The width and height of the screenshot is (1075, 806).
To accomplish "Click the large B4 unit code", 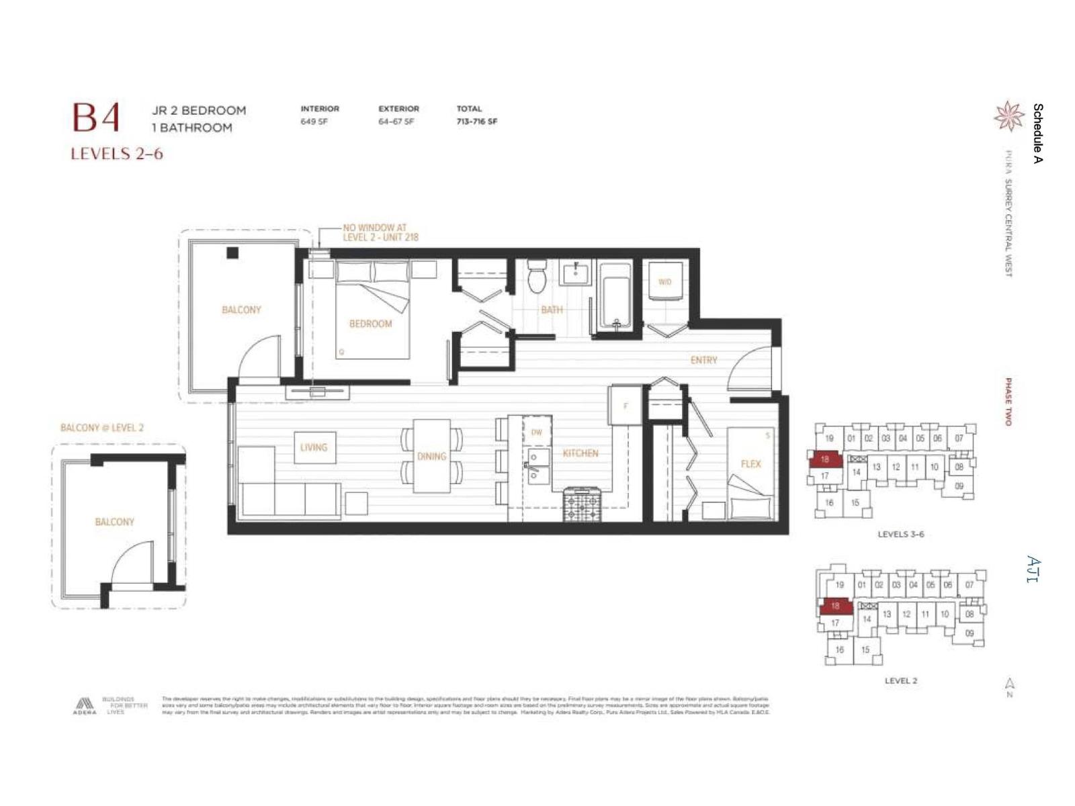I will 96,118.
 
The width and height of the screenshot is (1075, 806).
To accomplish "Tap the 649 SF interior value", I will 314,122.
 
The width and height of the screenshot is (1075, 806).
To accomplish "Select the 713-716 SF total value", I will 476,122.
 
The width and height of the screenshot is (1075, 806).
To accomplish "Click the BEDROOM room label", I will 370,324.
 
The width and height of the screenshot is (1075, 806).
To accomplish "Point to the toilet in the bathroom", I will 537,277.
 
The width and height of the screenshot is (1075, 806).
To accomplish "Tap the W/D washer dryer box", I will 664,281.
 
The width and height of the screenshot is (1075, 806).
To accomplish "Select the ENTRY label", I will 703,360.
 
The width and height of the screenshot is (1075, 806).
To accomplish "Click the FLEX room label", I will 750,463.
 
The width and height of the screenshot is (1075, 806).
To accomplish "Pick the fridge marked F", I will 626,405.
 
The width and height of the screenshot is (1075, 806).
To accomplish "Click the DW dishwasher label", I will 536,432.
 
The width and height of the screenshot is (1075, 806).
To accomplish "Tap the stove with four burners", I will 582,505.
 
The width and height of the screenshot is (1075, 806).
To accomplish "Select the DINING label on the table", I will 431,456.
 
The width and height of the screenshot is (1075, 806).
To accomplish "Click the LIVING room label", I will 314,447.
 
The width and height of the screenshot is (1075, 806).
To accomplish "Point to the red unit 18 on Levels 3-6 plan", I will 824,459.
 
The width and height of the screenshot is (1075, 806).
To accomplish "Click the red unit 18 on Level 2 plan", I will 835,607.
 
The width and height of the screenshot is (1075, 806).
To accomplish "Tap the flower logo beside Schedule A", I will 1008,116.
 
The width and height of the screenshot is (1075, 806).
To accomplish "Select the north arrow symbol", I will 1009,686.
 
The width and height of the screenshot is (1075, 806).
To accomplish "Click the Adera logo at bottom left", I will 85,706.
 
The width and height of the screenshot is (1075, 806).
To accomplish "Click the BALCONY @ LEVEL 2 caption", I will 102,428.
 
